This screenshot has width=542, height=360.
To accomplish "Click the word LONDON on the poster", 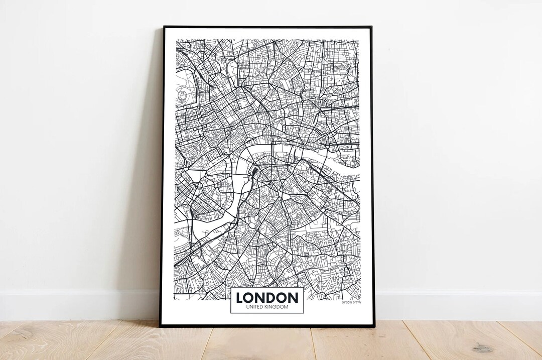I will pyautogui.click(x=267, y=298).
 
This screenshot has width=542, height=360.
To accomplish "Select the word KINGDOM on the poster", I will pyautogui.click(x=278, y=307).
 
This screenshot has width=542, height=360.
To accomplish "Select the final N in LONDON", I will pyautogui.click(x=293, y=298).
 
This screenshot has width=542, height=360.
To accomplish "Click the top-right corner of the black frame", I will pyautogui.click(x=371, y=27).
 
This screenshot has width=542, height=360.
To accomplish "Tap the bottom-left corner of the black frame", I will pyautogui.click(x=160, y=326).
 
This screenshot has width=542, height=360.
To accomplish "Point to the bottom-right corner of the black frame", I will pyautogui.click(x=374, y=326).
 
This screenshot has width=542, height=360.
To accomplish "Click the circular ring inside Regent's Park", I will pyautogui.click(x=183, y=94).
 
